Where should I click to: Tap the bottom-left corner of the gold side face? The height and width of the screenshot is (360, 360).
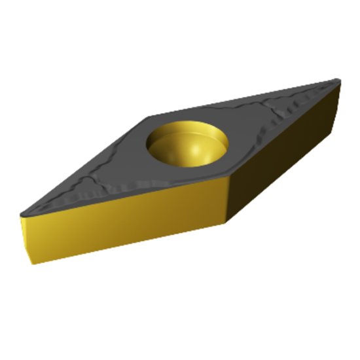(31, 262)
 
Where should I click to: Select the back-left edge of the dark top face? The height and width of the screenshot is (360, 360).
(85, 164)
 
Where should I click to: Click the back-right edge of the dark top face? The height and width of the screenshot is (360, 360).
(242, 98)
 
